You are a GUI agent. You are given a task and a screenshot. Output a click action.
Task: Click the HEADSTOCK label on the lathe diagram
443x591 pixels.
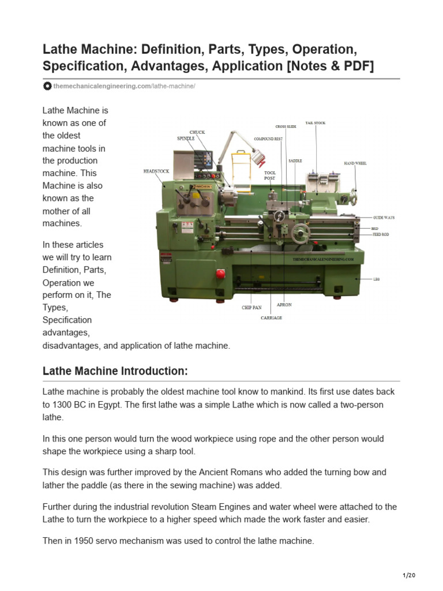coord(156,171)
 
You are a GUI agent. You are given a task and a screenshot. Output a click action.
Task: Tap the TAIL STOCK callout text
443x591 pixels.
coord(316,123)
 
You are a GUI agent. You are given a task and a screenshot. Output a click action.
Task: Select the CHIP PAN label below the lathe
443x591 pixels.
coord(251,308)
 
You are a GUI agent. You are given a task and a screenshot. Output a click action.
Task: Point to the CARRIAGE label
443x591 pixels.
coord(271,318)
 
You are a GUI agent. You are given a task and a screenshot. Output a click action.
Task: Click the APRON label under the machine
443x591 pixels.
coord(284,304)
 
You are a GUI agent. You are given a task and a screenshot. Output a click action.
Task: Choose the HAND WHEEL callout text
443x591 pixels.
coord(355,163)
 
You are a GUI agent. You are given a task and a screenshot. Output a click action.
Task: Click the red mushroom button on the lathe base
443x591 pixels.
coord(220,273)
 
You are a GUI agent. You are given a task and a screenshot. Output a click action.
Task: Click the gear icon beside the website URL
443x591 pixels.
coord(47,86)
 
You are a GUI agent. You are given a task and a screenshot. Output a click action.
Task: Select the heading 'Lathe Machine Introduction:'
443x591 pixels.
coord(115,371)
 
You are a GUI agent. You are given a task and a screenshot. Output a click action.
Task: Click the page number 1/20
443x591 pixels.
coord(408,575)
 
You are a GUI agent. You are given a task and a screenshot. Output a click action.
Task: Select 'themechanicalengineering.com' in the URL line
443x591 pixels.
coord(102,86)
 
